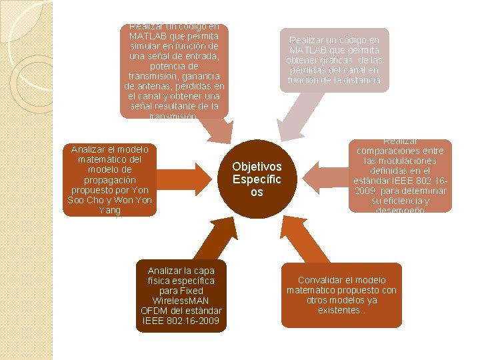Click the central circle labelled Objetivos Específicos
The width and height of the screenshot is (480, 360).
(257, 179)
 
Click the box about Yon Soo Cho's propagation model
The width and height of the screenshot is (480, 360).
(109, 179)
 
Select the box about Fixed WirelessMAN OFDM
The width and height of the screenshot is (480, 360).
(181, 296)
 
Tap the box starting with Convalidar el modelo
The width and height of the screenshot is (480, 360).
(341, 295)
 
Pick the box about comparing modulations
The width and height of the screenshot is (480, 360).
(400, 175)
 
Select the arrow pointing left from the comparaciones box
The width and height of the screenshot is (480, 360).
(323, 177)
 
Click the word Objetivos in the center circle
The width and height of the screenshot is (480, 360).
(257, 167)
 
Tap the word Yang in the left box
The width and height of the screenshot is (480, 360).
(109, 210)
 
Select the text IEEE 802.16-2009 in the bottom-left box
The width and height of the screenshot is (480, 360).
(181, 321)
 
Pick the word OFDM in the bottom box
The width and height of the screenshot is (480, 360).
(155, 311)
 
